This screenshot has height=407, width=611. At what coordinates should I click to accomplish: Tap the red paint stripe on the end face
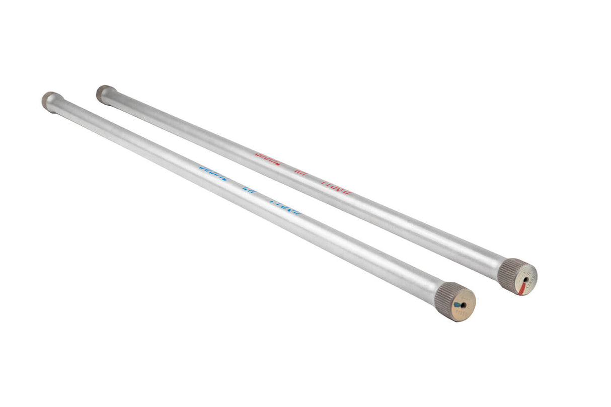[522, 287]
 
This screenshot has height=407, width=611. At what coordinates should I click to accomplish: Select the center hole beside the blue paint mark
[464, 304]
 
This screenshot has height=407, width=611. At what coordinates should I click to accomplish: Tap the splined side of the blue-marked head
[445, 297]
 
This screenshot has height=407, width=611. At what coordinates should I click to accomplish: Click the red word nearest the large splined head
[336, 188]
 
